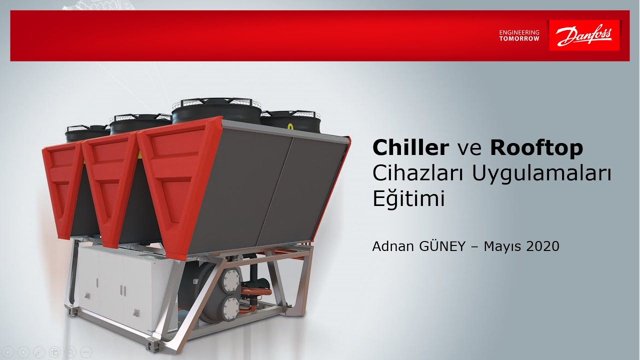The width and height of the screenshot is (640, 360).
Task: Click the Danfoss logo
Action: (x=584, y=35)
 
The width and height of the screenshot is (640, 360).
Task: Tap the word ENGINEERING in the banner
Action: (x=519, y=32)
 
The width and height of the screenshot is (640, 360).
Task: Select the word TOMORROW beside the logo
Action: (x=519, y=38)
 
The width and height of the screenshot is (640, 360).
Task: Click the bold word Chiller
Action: (x=410, y=147)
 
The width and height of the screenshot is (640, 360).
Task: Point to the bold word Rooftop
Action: (x=536, y=147)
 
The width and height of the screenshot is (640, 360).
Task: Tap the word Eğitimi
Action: (x=408, y=199)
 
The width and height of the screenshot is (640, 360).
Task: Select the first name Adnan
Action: (x=391, y=246)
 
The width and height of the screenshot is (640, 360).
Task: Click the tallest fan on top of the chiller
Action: (x=216, y=110)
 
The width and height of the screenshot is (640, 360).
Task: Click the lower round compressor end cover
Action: (x=231, y=305)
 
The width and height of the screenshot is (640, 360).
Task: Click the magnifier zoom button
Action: (x=70, y=351)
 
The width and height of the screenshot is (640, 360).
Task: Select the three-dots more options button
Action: (x=85, y=351)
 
